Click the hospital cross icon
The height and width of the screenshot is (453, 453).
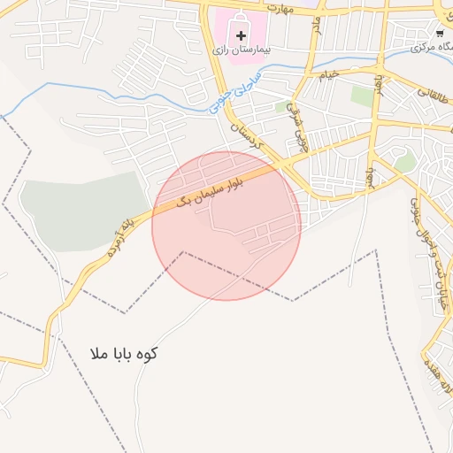tap(241, 35)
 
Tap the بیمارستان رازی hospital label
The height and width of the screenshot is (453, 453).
tap(241, 50)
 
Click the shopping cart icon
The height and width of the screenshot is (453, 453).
tap(440, 33)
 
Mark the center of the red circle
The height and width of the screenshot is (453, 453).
tap(226, 226)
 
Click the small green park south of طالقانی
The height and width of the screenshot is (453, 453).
tap(405, 162)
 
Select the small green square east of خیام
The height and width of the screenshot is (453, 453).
tap(361, 94)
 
